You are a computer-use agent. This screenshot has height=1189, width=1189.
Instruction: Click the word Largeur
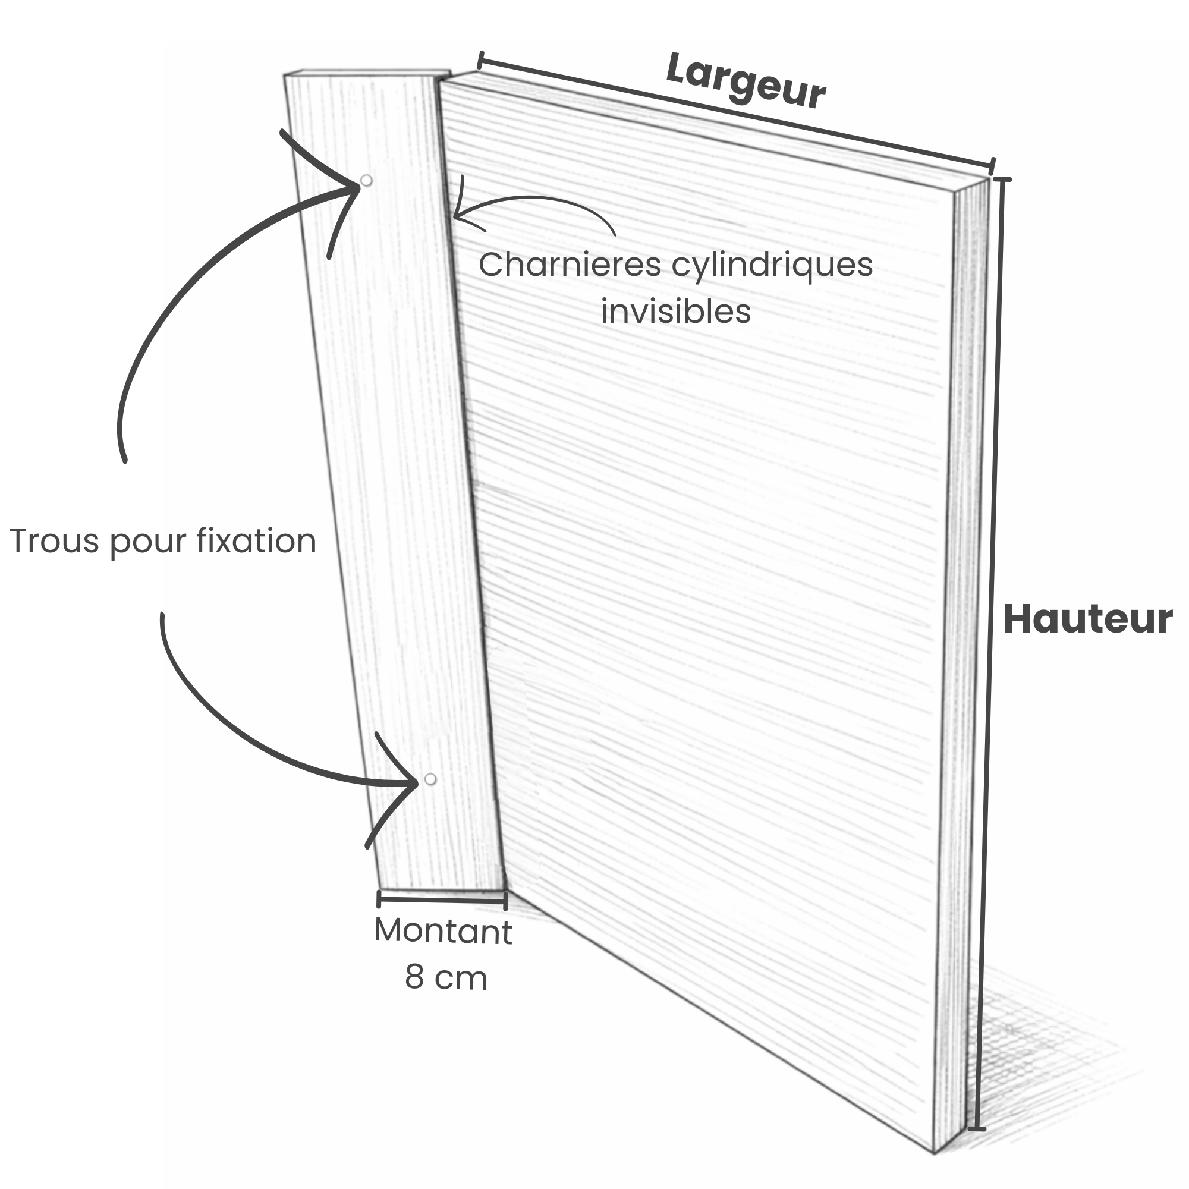pos(746,81)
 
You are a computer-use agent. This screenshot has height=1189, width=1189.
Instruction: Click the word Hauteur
pos(1087,619)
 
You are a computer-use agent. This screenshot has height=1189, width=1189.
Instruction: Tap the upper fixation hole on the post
pos(366,181)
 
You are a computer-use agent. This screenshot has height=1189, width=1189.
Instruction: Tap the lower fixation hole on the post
pos(430,780)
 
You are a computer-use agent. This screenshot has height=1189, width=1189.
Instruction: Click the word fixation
pos(257,541)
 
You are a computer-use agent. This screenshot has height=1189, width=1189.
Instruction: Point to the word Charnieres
pos(570,265)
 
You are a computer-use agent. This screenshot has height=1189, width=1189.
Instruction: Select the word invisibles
pos(676,312)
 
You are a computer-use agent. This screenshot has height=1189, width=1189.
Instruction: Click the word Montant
pos(443,932)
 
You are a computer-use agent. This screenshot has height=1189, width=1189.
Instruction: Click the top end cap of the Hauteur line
pos(1002,180)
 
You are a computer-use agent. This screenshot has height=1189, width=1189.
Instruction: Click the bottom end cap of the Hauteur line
pos(977,1130)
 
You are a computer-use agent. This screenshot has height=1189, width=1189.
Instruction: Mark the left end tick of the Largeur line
pos(479,60)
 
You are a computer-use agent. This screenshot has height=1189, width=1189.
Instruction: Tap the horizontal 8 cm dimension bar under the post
pos(441,900)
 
